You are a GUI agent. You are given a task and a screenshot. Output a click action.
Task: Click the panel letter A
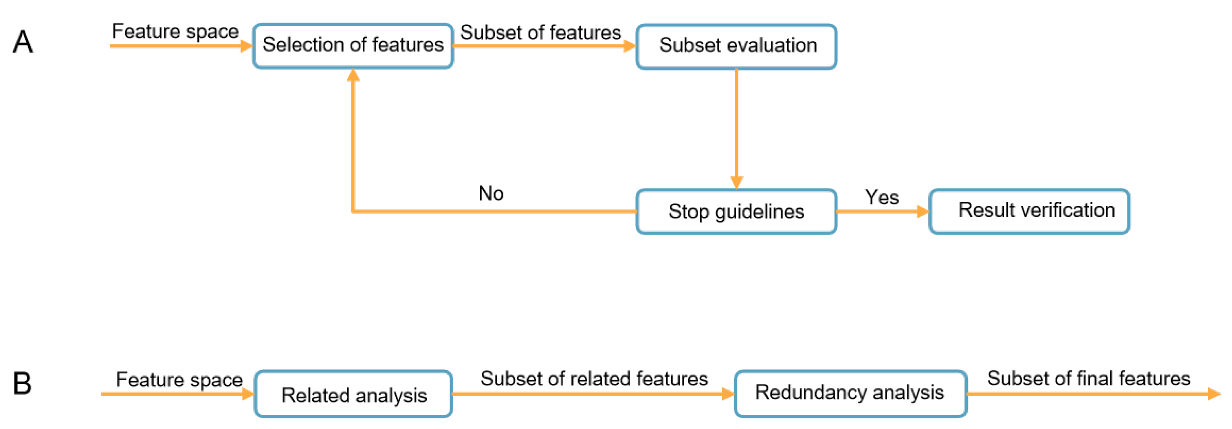click(x=23, y=42)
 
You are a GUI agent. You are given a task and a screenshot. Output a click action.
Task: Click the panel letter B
click(x=22, y=383)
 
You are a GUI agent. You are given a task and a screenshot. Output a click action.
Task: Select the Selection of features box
click(x=353, y=46)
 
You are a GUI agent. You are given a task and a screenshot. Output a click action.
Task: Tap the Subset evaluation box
click(x=736, y=46)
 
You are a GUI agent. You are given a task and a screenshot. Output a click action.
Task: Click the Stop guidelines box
click(x=736, y=211)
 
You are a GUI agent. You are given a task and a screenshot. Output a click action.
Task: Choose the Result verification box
click(x=1029, y=211)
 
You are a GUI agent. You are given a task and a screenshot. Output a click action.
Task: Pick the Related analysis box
click(x=354, y=394)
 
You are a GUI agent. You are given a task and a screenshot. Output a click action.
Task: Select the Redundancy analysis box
click(x=850, y=394)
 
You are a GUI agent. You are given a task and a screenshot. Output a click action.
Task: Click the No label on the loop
click(x=491, y=193)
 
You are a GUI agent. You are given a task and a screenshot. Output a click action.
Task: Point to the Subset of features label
click(x=541, y=33)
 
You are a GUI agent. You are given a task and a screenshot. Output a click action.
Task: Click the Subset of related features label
click(x=594, y=379)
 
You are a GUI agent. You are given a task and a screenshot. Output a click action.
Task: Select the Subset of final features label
click(x=1089, y=378)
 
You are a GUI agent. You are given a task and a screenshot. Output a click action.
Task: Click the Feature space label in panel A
click(x=175, y=31)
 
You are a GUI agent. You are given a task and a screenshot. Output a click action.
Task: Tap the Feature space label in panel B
click(x=179, y=380)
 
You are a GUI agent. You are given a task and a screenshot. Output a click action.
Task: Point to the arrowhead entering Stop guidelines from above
click(x=736, y=182)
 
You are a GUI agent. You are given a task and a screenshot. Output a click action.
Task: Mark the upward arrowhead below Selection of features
click(x=353, y=76)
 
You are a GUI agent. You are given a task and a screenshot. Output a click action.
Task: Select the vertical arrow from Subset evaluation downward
click(x=736, y=124)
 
